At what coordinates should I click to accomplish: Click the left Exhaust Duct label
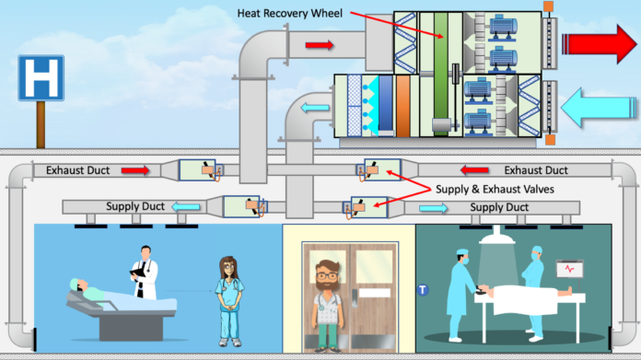coord(70,170)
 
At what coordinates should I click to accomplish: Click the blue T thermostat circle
coord(424,289)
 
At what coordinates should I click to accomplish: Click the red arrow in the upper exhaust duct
coord(320,43)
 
